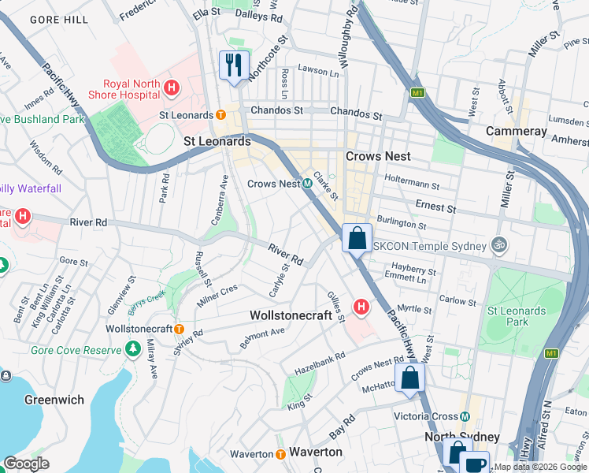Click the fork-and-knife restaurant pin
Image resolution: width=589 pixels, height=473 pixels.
[233, 65]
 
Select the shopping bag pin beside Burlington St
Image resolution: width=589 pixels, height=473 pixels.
[357, 237]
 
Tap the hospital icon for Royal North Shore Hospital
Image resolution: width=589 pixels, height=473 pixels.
[169, 89]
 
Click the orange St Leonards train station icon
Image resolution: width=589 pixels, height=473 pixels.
[221, 115]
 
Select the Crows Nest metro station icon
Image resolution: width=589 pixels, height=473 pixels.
[308, 184]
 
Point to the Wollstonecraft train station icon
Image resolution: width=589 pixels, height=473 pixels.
[179, 329]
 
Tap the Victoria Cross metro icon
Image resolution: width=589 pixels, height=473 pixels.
[465, 416]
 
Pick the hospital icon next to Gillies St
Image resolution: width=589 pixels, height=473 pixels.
[361, 306]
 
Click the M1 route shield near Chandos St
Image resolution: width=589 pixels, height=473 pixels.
[417, 94]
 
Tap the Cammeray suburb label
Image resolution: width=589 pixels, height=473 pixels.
[516, 131]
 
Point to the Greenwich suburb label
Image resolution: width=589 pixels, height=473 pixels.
[54, 400]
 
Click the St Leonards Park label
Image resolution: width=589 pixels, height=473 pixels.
[517, 316]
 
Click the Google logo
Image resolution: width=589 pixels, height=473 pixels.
[27, 464]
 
